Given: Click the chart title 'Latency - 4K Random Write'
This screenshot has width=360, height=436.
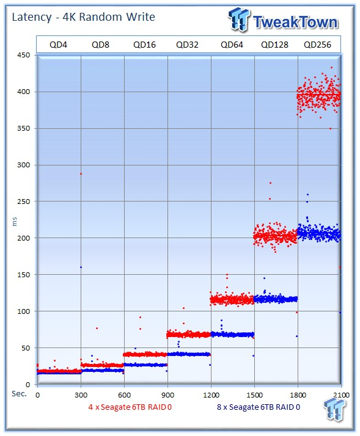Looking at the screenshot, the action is [83, 17].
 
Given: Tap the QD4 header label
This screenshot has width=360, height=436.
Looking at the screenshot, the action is [58, 45].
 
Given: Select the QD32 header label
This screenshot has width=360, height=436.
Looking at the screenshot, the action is [187, 45].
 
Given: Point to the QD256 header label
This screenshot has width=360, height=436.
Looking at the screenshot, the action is [317, 45].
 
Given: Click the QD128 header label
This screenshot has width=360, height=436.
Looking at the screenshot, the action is [274, 45].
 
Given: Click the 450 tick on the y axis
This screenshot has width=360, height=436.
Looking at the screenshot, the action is [24, 55].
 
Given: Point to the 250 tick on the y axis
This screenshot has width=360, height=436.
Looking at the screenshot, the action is [24, 202].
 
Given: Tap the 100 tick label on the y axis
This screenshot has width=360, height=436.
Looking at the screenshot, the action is [24, 311].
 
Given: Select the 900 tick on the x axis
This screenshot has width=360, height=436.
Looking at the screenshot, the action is [167, 395].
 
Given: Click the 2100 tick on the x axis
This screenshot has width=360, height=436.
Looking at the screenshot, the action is [341, 395].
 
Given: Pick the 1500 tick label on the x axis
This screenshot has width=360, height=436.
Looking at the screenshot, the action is [254, 395].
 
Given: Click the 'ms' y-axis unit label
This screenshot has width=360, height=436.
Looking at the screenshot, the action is [15, 222].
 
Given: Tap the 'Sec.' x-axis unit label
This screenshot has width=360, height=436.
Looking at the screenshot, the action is [19, 394].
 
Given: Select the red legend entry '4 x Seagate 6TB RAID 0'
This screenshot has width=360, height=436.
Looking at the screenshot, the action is [130, 407].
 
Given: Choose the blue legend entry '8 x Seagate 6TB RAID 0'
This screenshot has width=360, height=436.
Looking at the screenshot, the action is [259, 407].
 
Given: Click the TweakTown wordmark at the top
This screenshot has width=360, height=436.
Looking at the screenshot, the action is [295, 22].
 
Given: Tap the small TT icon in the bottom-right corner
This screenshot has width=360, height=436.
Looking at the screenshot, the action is [335, 410].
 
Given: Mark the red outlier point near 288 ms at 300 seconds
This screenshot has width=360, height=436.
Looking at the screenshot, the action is [81, 174].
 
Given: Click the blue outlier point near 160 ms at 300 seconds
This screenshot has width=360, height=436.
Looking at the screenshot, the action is [81, 267].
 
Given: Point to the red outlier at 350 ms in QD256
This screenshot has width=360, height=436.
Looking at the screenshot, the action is [331, 128].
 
